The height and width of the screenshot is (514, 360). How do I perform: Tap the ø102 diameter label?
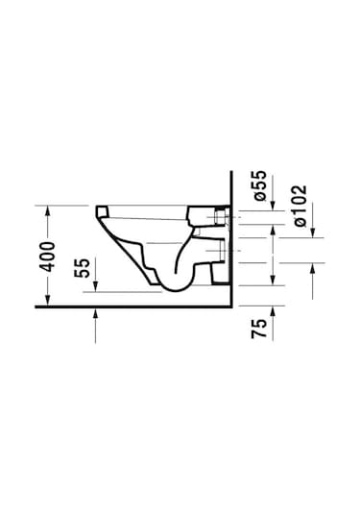[x=300, y=206]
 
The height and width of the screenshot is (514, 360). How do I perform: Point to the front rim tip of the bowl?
[x=100, y=207]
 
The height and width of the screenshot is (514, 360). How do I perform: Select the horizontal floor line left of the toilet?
[x=67, y=306]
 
